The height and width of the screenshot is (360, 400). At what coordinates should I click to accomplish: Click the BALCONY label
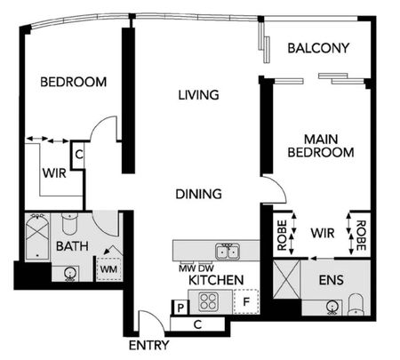pos(318,48)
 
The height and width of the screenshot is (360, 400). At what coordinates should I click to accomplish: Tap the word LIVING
pos(198,95)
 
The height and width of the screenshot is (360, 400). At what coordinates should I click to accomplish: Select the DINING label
pos(198,194)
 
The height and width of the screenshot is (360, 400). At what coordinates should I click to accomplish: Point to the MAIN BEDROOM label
pos(321,146)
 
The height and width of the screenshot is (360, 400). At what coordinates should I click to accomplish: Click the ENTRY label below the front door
pos(148,345)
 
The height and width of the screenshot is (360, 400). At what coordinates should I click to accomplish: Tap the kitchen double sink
pos(228,252)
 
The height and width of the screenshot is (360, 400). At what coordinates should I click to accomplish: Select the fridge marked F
pos(246,301)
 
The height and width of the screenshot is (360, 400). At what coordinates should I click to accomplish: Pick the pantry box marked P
pos(180,308)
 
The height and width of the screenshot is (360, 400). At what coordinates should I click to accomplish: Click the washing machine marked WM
pos(108,269)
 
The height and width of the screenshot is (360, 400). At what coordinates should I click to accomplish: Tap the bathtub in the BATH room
pos(37,237)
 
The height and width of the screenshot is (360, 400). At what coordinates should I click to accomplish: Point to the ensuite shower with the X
pos(286,279)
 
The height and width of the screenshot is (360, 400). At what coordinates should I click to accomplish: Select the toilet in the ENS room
pos(356,305)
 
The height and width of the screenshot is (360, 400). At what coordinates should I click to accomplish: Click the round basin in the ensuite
pos(332,307)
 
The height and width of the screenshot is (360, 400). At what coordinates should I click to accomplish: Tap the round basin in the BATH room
pos(70,274)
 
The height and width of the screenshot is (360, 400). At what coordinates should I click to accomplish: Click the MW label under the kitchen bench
pos(188,268)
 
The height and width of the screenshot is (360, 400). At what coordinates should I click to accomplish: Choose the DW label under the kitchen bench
pos(206,268)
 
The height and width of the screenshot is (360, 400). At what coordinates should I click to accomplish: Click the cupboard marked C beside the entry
pos(197,324)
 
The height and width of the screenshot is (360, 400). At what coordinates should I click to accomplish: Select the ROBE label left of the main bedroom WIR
pos(282,235)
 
